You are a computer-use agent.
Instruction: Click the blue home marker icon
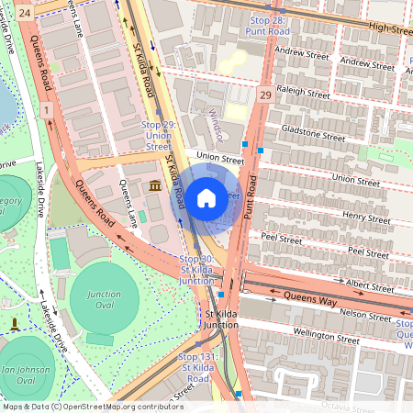tap(206, 197)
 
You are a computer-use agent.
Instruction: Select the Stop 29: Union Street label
tap(157, 135)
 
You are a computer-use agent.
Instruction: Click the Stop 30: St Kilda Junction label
tap(196, 269)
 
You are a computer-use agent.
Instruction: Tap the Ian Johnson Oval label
tap(26, 374)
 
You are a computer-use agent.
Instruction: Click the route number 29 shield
tap(265, 95)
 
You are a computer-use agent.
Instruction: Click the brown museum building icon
tap(154, 186)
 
